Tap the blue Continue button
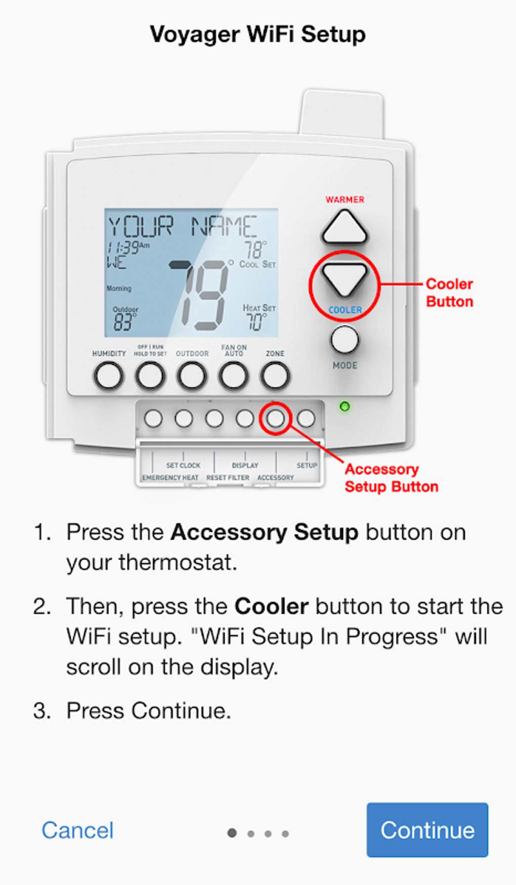coord(427,829)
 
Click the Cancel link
coord(77,830)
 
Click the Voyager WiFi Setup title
coord(257,34)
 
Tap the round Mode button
coord(345,340)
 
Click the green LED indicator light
coord(345,406)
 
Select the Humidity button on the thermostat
coord(109,377)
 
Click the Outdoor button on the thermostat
coord(192,377)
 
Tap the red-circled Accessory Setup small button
coord(275,418)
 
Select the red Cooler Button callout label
coord(449,293)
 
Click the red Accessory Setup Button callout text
coord(391,478)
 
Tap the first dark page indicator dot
coord(232,832)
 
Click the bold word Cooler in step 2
coord(271,606)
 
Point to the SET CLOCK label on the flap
coord(183,465)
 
